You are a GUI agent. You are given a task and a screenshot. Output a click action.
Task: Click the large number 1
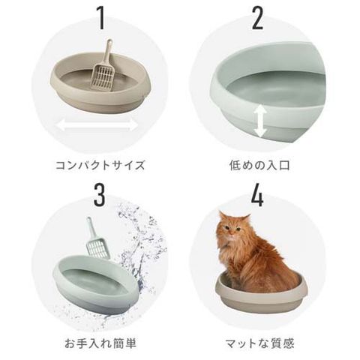100,18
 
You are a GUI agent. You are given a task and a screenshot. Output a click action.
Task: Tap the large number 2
257,18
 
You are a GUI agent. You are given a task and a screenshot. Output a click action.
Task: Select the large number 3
100,195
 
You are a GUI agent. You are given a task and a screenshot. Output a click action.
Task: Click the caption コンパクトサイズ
100,166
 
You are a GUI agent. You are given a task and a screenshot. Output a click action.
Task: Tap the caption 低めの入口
259,165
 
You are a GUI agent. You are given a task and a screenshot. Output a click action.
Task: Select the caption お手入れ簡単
100,343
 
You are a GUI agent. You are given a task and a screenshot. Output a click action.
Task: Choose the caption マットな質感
260,343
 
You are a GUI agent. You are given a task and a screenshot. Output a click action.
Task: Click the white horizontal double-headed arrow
97,125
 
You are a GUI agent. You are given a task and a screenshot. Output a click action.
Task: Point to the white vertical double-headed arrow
260,121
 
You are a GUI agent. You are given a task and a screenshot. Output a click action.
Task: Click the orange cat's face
230,229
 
